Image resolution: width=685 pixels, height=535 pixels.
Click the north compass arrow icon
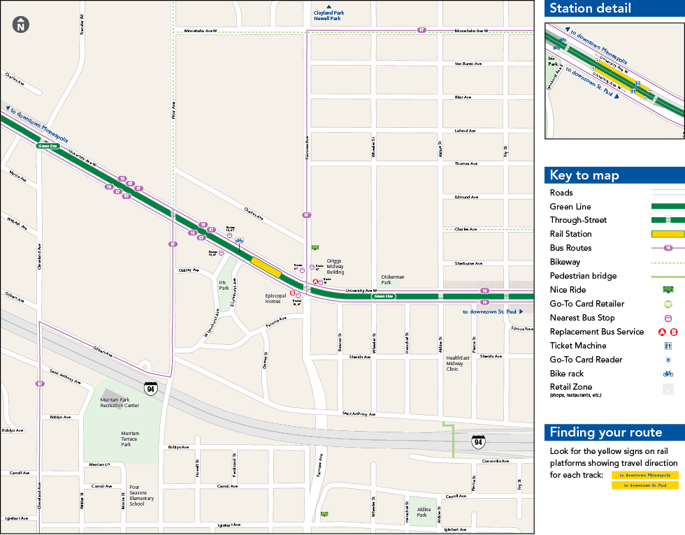click(21, 25)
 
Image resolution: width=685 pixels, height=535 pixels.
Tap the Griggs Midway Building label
click(334, 265)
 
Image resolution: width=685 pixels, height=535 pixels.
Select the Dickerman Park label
click(392, 279)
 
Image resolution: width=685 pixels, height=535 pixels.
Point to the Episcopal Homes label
click(276, 298)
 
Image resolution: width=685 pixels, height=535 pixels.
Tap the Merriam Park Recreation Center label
click(120, 402)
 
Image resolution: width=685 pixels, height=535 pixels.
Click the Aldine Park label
click(424, 512)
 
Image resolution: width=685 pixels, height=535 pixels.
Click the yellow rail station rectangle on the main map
click(266, 267)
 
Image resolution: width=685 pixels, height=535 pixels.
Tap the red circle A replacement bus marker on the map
click(315, 281)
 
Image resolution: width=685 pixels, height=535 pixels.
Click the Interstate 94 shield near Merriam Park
click(150, 388)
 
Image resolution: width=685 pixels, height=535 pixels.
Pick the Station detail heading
click(590, 8)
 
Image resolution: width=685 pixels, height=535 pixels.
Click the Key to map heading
click(584, 175)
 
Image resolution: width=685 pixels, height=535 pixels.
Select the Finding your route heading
click(605, 432)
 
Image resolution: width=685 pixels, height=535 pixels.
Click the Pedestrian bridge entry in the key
click(583, 276)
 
